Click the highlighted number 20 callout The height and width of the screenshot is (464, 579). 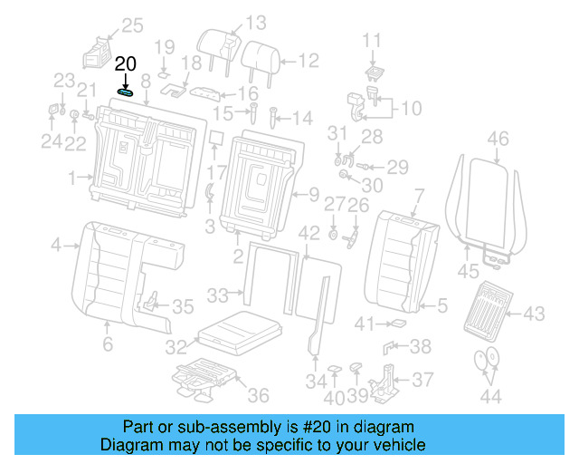pyautogui.click(x=126, y=63)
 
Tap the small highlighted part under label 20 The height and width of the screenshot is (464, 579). pyautogui.click(x=126, y=91)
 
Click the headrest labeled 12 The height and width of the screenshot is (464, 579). pyautogui.click(x=257, y=56)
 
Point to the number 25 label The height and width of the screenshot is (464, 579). pyautogui.click(x=132, y=25)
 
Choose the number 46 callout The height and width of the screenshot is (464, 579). pyautogui.click(x=498, y=139)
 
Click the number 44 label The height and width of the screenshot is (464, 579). pyautogui.click(x=490, y=395)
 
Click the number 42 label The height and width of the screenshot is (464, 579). pyautogui.click(x=309, y=233)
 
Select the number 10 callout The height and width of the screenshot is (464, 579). pyautogui.click(x=411, y=109)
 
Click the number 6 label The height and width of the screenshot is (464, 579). pyautogui.click(x=107, y=343)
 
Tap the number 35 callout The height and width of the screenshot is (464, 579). pyautogui.click(x=183, y=306)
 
